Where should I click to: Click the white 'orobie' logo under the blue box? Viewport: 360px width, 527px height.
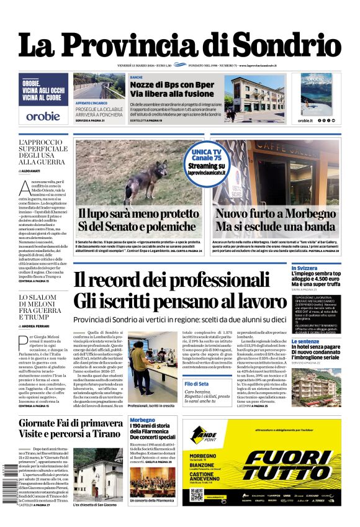coord(43,115)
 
